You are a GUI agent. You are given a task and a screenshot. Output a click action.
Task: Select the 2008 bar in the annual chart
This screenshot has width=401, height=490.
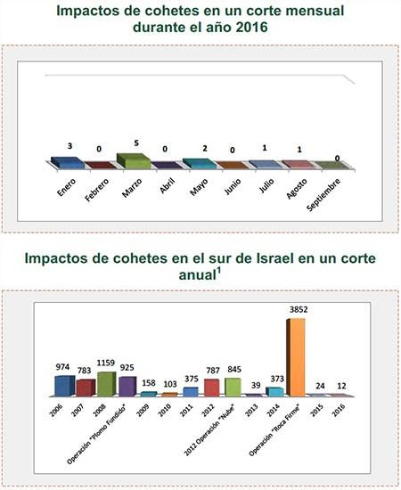click(106, 384)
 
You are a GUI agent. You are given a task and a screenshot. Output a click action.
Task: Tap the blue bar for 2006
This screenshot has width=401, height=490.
click(62, 386)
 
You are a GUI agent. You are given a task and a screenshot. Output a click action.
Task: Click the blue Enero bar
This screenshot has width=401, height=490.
click(68, 163)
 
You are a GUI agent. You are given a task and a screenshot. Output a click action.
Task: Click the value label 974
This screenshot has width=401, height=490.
click(61, 368)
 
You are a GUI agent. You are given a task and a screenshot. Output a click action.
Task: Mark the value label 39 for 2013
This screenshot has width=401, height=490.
click(255, 386)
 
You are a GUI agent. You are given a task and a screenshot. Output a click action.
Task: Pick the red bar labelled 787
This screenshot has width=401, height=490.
click(211, 387)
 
